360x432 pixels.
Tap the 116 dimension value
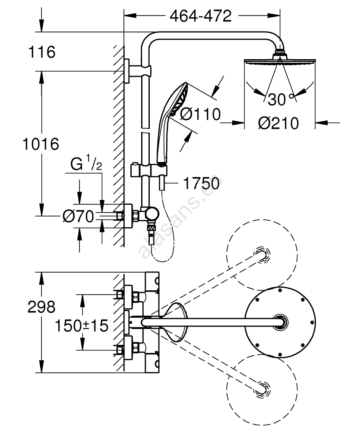point(42,52)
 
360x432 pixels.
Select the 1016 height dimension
point(40,143)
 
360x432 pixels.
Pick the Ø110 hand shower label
point(199,114)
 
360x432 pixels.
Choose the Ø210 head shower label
point(278,123)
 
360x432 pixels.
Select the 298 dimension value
point(41,307)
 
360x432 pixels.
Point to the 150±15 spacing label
point(81,326)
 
